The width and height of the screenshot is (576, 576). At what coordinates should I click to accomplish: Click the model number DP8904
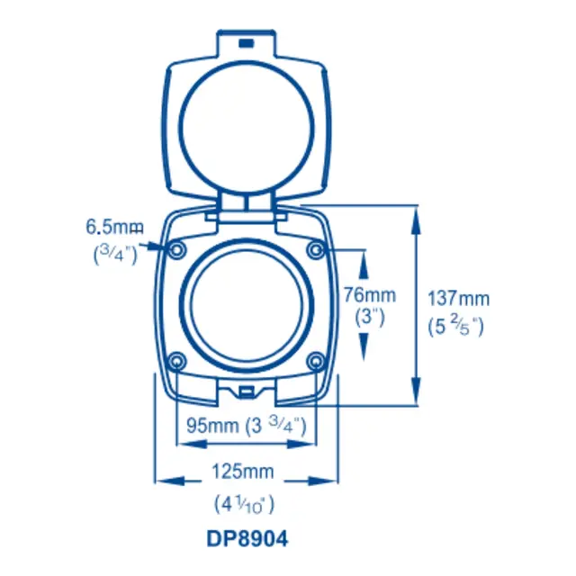click(x=247, y=539)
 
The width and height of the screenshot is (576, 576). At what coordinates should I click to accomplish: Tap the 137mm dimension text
click(x=458, y=298)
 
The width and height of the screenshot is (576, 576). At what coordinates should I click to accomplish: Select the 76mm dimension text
click(x=370, y=295)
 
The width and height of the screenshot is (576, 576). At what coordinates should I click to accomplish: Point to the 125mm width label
click(x=243, y=472)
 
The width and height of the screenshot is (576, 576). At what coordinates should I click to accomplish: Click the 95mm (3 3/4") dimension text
click(x=246, y=426)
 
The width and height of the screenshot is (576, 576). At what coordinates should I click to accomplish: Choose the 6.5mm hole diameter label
click(x=114, y=227)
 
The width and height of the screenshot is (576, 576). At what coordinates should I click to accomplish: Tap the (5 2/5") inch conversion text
click(x=455, y=327)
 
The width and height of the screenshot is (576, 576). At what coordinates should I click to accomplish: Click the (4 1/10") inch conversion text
click(x=244, y=504)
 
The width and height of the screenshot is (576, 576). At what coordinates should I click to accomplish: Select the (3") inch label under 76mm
click(x=370, y=317)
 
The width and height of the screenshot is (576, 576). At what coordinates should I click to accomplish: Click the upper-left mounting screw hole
click(x=177, y=250)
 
